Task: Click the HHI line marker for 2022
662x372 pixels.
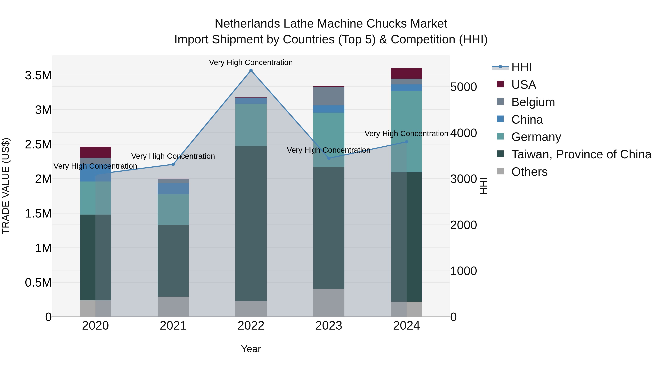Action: (x=251, y=70)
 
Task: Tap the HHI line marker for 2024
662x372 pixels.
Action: (x=407, y=142)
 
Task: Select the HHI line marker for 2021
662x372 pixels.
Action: (x=173, y=164)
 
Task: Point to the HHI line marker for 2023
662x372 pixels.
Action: (x=329, y=158)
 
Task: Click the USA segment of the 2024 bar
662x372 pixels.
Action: (x=407, y=73)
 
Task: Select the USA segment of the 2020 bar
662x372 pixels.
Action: (x=95, y=152)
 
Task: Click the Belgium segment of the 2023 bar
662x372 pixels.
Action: (x=329, y=96)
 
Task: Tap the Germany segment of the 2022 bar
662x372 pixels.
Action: (x=251, y=125)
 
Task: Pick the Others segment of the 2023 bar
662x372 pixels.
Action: (x=329, y=303)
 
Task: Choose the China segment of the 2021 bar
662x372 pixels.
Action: (x=173, y=189)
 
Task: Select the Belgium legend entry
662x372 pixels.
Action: (x=533, y=102)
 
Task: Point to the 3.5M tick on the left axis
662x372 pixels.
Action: (x=38, y=76)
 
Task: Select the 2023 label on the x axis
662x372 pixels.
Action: (x=329, y=326)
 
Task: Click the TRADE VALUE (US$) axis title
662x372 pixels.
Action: (x=6, y=186)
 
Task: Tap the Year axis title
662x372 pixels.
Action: (x=251, y=349)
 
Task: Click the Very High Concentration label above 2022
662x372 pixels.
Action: (x=251, y=62)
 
